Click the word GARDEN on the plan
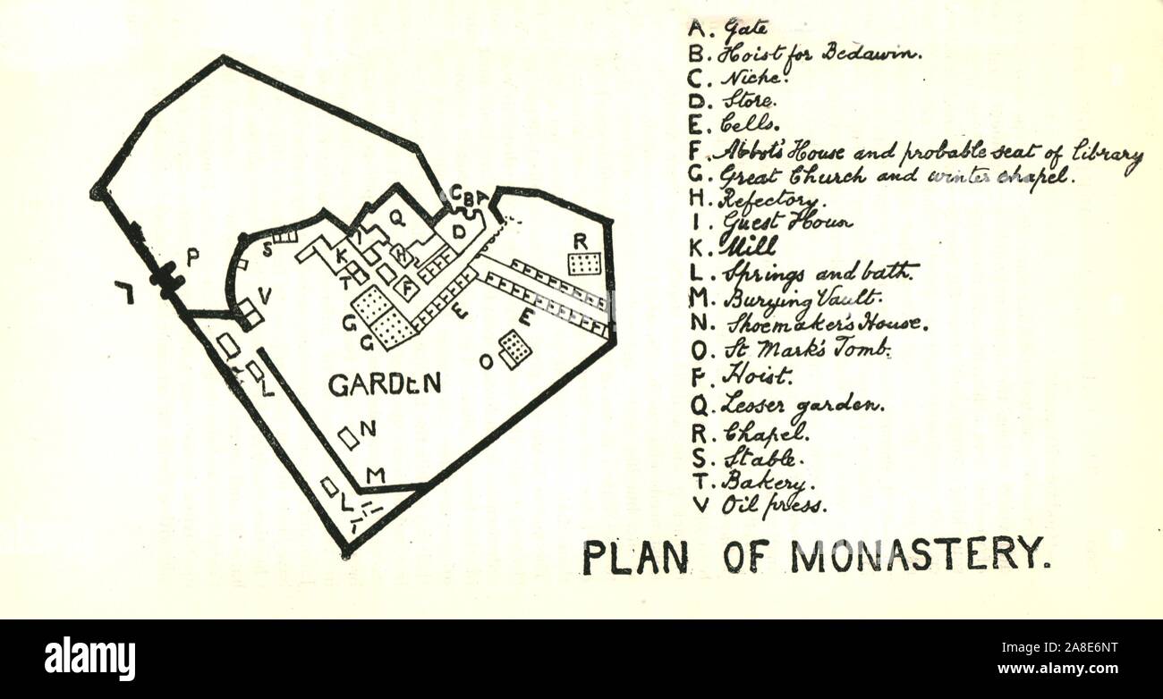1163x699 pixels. point(385,384)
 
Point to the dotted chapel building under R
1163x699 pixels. point(584,264)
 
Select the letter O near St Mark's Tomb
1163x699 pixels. point(486,361)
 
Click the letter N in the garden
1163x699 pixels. point(368,429)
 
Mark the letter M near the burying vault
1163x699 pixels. point(376,475)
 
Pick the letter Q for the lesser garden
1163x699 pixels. point(395,216)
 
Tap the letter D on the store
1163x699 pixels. point(460,232)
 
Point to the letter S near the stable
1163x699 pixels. point(267,250)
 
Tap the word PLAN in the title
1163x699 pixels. point(635,558)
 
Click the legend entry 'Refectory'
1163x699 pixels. point(768,200)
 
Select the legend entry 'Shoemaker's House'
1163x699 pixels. point(824,324)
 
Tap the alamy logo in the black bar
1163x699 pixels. point(89,659)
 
